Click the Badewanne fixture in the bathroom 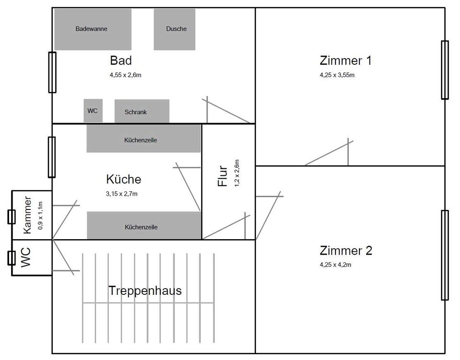click(x=92, y=29)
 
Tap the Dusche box click(x=174, y=29)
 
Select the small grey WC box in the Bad click(x=93, y=111)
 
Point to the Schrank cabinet click(x=142, y=111)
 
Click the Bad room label click(x=121, y=61)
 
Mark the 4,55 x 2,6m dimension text click(x=126, y=75)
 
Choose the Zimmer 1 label click(x=345, y=61)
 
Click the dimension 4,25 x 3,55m click(x=337, y=75)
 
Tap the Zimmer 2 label click(x=345, y=251)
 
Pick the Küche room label click(x=124, y=179)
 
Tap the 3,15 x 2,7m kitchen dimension click(x=122, y=194)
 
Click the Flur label click(x=222, y=176)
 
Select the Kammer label click(x=28, y=215)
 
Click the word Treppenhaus click(x=145, y=290)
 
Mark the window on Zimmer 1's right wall click(x=445, y=70)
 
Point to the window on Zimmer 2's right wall click(x=445, y=255)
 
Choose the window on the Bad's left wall click(x=52, y=72)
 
